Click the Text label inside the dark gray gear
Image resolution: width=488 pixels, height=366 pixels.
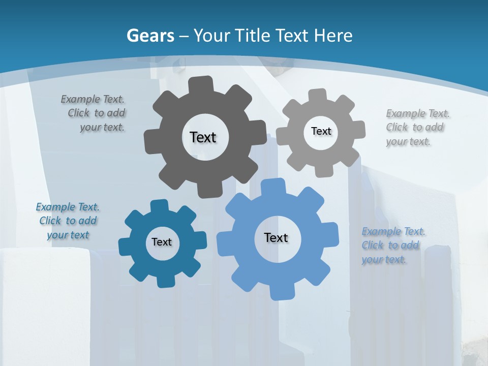click(203, 137)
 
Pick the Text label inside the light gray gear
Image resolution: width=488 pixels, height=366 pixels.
click(321, 131)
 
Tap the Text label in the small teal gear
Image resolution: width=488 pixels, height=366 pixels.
click(162, 242)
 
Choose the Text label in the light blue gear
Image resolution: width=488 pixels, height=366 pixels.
click(276, 237)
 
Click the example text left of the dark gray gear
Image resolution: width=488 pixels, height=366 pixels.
click(95, 113)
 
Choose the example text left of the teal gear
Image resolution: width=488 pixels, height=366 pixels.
click(68, 221)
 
